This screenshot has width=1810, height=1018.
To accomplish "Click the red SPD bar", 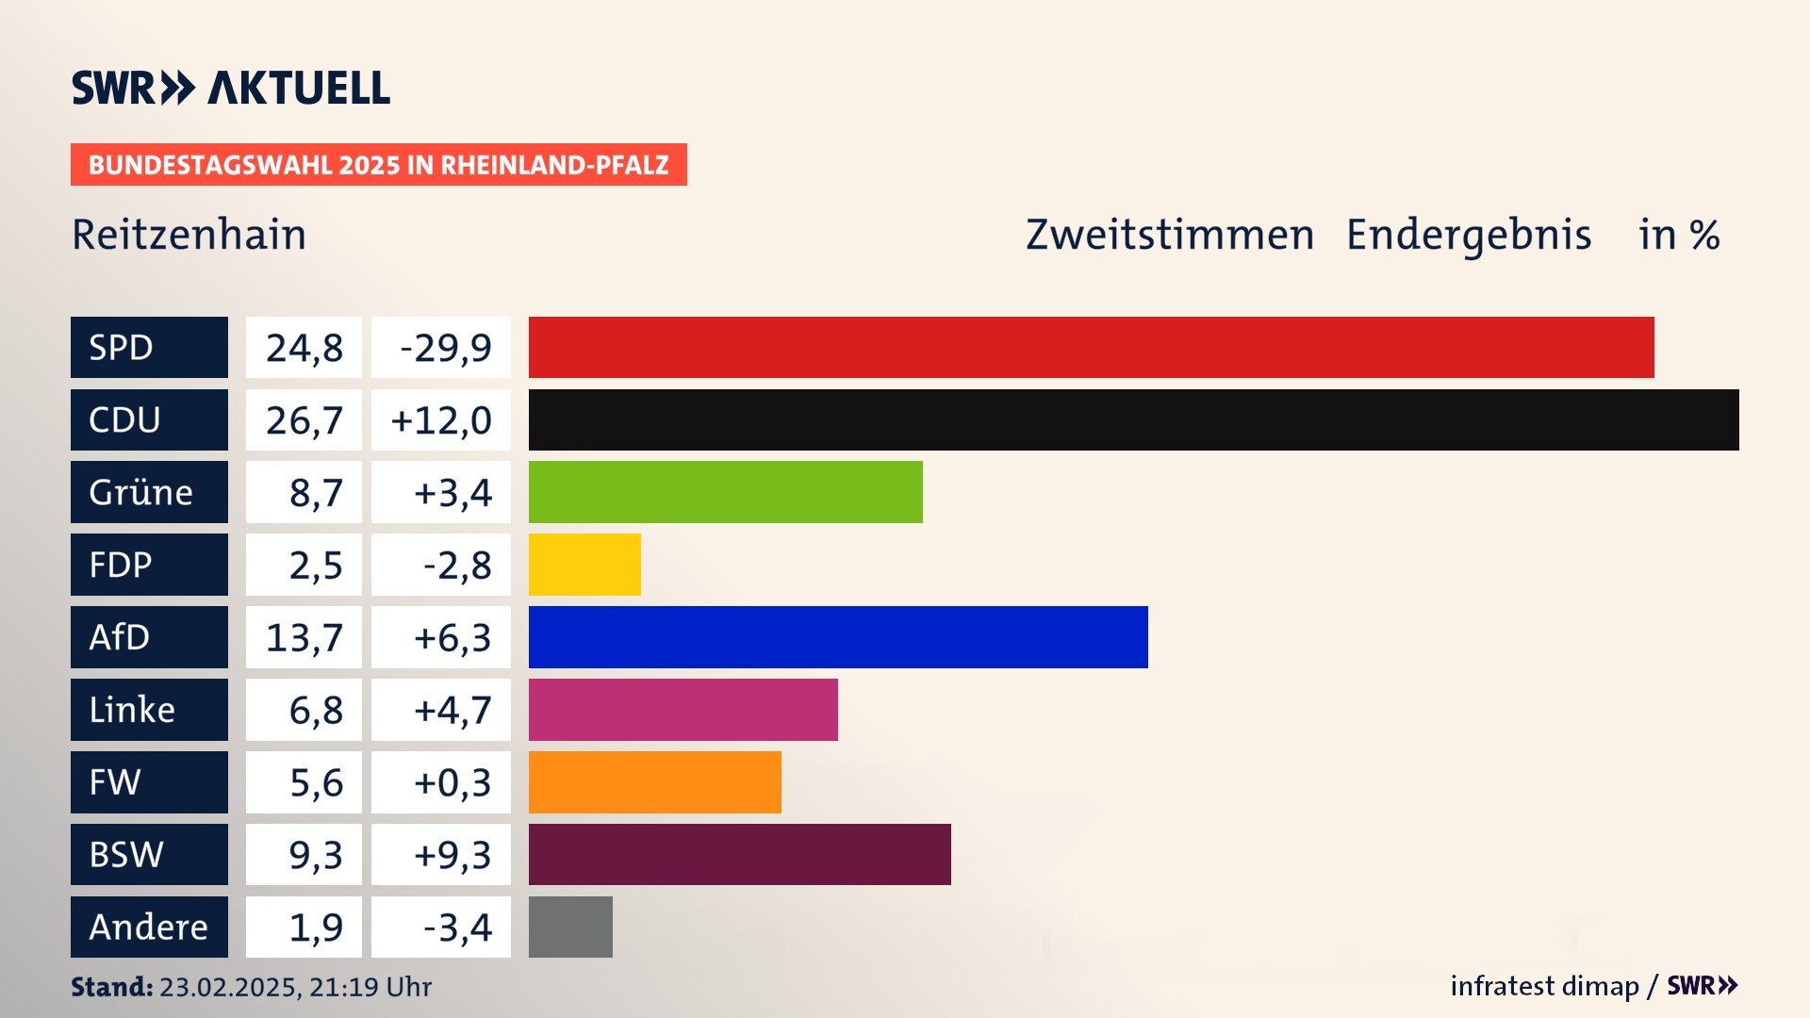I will point(1091,347).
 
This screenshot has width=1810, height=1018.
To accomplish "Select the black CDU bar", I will point(1133,419).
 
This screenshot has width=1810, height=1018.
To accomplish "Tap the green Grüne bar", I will point(725,492).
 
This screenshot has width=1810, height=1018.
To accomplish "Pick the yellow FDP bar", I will point(584,565).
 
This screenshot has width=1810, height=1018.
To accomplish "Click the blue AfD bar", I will point(838,637).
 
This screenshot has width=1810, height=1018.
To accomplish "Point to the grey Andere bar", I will point(570,927).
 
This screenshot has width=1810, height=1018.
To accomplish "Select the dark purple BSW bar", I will point(739,854).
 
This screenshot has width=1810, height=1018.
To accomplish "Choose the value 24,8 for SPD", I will point(304,348).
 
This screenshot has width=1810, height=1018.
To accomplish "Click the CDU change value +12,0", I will point(441,420).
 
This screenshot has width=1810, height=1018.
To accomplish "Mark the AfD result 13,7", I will point(304,638).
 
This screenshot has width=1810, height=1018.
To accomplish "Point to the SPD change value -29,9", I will point(445,348).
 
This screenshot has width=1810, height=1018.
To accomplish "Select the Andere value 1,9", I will point(316,928).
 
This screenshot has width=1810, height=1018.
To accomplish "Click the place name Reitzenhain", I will point(189,235).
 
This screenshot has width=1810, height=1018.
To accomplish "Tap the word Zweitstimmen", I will point(1170,235).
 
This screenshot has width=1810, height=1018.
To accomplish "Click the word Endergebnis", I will point(1469,235).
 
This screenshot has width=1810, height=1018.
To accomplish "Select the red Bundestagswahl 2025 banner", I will point(378,165).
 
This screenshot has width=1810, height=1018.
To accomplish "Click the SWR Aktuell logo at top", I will point(231,88).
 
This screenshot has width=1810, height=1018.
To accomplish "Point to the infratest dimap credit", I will point(1544,986).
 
